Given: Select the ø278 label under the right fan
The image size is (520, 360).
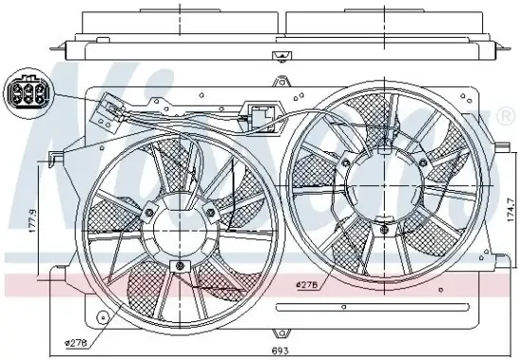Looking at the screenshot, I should (306, 284).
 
